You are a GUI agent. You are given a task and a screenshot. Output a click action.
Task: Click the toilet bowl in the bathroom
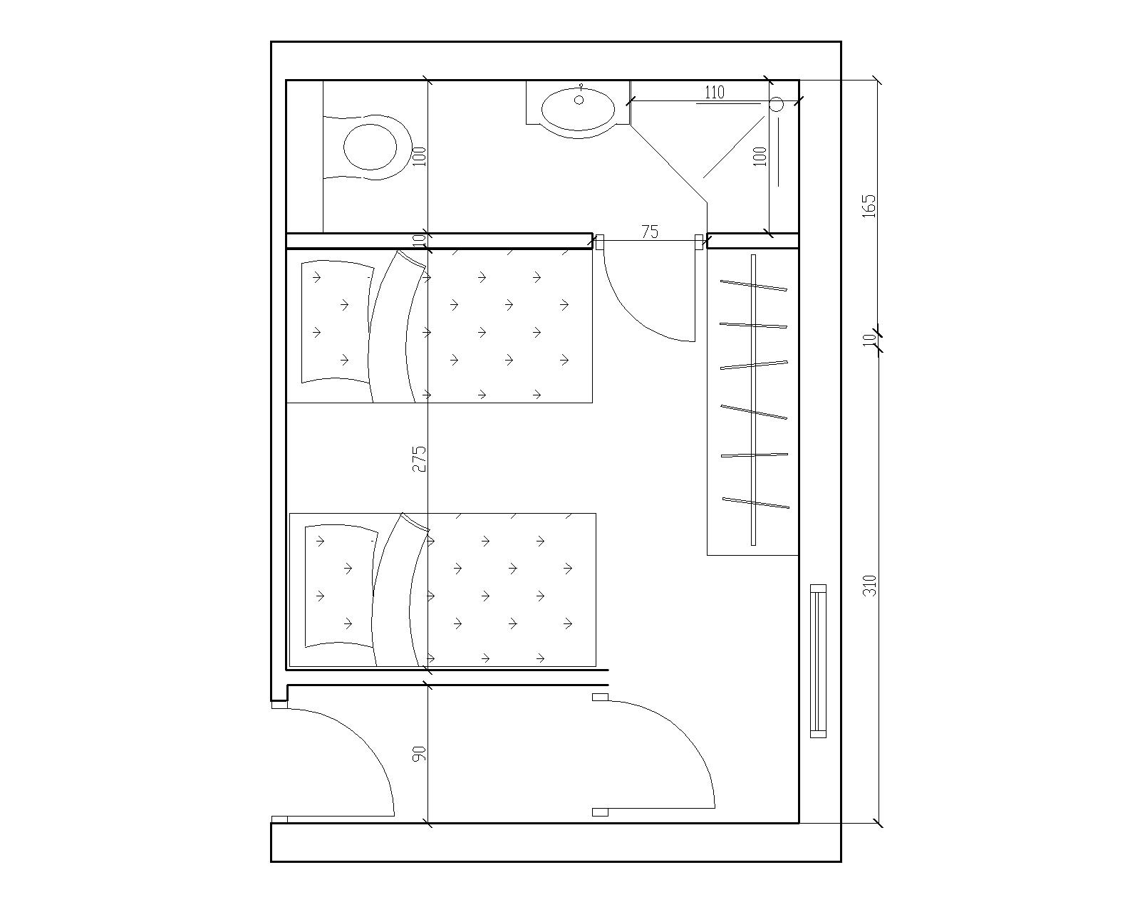click(370, 147)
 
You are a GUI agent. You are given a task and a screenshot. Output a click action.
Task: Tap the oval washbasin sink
click(578, 108)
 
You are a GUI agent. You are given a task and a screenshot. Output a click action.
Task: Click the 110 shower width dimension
click(715, 93)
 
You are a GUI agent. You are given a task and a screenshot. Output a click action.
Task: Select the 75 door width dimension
click(650, 232)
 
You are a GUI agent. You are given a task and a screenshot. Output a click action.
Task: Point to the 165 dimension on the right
click(869, 206)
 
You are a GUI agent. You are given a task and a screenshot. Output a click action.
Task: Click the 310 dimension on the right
click(869, 586)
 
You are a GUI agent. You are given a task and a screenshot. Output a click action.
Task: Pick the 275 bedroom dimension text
click(419, 459)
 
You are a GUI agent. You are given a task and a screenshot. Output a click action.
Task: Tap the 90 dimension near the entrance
click(419, 754)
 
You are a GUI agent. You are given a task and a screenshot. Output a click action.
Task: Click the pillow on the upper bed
click(337, 321)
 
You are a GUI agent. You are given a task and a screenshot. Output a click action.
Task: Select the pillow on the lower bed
click(341, 586)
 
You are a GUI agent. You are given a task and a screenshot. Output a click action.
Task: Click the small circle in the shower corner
click(776, 105)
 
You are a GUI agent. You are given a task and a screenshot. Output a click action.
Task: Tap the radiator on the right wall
click(818, 660)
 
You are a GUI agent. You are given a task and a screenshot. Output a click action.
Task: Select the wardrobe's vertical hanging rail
click(753, 400)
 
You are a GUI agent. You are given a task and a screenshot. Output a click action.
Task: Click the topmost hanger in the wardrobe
click(753, 286)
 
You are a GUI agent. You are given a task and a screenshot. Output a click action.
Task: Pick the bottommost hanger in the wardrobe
click(756, 503)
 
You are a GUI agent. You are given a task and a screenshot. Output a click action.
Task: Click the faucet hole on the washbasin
click(579, 100)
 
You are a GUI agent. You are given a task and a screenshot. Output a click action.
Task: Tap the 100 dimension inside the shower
click(760, 157)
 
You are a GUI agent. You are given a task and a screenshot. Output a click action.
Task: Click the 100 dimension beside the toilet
click(419, 157)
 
